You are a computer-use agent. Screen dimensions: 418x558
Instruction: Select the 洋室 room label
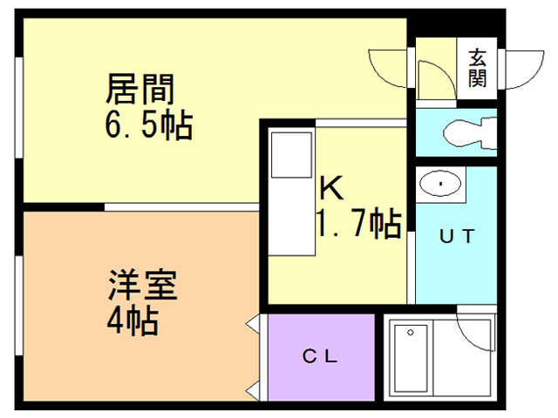click(x=143, y=287)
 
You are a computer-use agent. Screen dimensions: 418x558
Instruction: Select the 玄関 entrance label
click(x=477, y=68)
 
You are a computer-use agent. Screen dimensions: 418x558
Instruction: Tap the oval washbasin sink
click(x=442, y=184)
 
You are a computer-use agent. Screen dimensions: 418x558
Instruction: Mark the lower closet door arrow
click(x=254, y=389)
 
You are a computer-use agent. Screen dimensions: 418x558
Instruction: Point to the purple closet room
click(x=320, y=357)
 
